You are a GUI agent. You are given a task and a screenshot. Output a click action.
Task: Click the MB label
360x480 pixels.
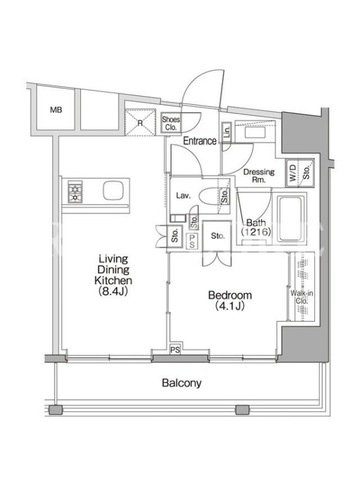tap(56, 110)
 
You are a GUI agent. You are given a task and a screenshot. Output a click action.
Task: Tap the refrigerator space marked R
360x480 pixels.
tap(140, 122)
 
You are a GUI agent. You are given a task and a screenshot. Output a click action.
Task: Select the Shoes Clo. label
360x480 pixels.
tap(171, 124)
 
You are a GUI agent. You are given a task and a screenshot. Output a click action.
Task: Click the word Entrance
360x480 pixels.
tap(200, 141)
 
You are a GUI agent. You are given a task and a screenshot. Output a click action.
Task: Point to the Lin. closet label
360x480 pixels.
tap(227, 132)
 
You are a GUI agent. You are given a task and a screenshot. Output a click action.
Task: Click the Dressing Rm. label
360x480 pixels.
tap(259, 176)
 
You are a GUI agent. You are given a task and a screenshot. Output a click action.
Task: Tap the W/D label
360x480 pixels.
tap(293, 173)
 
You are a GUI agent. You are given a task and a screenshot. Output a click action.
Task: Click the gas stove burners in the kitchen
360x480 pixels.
tap(75, 192)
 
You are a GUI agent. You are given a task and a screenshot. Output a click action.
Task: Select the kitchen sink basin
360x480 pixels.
tap(113, 190)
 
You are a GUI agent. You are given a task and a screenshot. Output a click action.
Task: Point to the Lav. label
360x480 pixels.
tap(184, 196)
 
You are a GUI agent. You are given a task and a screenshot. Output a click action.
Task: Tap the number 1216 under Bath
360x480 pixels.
tap(256, 232)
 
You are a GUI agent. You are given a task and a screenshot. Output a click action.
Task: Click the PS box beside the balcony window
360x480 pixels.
tap(175, 350)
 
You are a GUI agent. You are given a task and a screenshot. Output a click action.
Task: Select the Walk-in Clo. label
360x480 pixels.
tap(302, 297)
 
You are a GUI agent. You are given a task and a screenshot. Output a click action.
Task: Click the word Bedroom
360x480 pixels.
tap(230, 295)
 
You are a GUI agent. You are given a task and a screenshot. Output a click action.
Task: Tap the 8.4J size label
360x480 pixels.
tap(113, 291)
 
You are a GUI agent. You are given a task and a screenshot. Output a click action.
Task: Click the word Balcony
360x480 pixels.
tap(182, 383)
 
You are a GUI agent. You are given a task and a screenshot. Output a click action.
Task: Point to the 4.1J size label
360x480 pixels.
tap(230, 306)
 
